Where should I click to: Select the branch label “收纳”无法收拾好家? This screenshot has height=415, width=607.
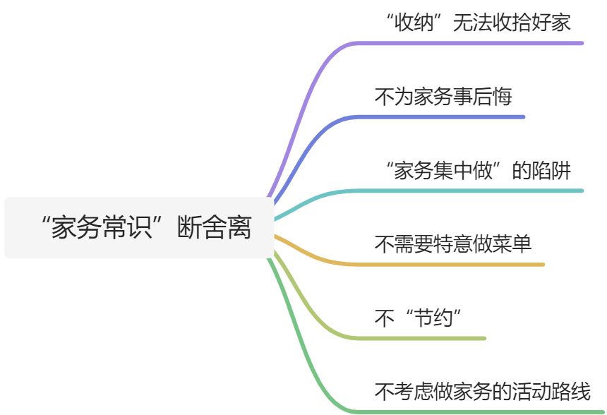tap(478, 22)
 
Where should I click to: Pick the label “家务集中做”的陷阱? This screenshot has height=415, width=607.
tap(478, 170)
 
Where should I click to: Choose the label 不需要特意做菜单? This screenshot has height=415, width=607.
tap(452, 244)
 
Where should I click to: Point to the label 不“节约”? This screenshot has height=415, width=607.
tap(422, 318)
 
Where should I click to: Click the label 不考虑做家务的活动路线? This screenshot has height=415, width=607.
tap(482, 391)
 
